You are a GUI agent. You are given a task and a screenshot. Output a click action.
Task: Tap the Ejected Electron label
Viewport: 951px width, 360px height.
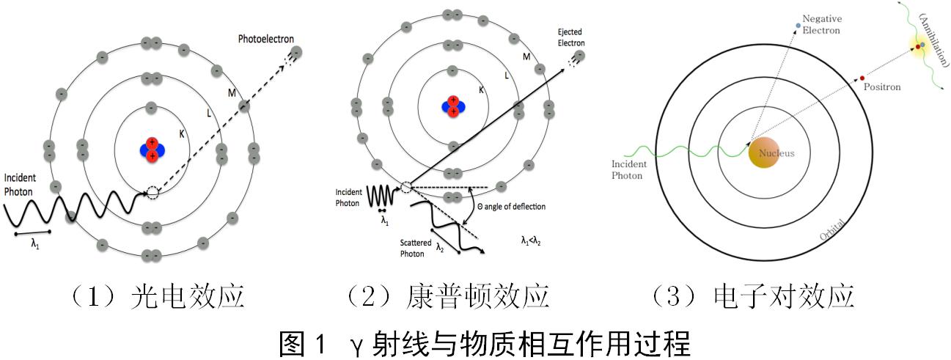point(570,38)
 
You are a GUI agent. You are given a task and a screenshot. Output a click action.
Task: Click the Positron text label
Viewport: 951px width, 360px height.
point(883,87)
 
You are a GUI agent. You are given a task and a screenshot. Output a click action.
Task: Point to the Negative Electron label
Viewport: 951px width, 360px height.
point(820,24)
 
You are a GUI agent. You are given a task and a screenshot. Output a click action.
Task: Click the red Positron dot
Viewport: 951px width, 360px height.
point(862,78)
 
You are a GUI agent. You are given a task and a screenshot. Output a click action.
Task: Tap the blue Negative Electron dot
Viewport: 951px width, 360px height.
point(798,27)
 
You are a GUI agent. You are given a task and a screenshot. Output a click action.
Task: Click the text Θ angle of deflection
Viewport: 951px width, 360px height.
point(511,207)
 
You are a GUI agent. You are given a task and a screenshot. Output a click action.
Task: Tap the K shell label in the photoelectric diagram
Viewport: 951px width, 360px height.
point(181,134)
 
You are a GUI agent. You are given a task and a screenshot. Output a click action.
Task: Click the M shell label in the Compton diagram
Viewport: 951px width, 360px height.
point(526,56)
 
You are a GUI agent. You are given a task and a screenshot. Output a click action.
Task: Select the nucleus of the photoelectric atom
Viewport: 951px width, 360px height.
point(152,149)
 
